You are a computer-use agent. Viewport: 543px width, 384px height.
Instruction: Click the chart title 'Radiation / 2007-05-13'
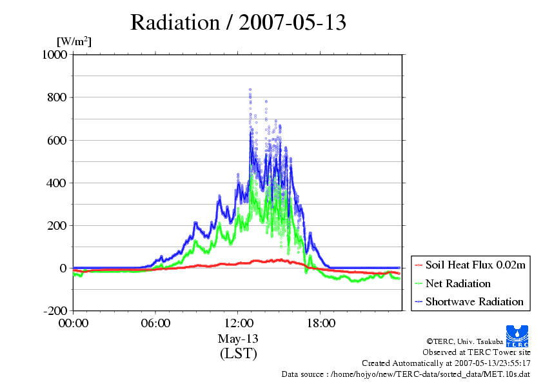[x=238, y=23]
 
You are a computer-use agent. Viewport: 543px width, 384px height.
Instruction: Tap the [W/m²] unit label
[x=74, y=41]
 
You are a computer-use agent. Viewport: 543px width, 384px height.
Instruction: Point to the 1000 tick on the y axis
[x=55, y=54]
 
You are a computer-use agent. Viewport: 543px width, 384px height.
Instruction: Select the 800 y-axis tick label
[x=57, y=97]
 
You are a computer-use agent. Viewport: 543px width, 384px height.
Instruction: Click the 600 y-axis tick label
[x=57, y=140]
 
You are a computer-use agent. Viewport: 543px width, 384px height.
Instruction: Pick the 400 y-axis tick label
[x=57, y=183]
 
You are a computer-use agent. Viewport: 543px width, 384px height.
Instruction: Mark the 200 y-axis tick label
[x=57, y=226]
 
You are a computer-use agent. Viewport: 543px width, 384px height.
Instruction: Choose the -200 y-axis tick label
[x=55, y=311]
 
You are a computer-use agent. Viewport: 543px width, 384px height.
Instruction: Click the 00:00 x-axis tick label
[x=74, y=323]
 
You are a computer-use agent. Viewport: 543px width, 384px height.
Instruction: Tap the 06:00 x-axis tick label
[x=155, y=323]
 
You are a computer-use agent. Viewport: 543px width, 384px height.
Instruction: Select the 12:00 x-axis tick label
[x=238, y=323]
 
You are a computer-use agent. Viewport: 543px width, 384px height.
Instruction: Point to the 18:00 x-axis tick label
[x=321, y=323]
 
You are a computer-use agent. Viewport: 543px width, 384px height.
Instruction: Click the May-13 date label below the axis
[x=238, y=339]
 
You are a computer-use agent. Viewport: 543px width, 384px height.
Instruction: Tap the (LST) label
[x=238, y=354]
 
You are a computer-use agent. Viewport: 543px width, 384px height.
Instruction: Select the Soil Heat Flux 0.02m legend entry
[x=470, y=265]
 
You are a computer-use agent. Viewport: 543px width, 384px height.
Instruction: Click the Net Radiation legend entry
[x=453, y=283]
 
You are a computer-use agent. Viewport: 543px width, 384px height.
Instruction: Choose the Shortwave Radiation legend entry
[x=469, y=301]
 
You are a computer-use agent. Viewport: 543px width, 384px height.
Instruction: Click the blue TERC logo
[x=517, y=336]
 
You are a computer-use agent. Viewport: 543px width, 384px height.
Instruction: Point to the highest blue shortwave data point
[x=250, y=90]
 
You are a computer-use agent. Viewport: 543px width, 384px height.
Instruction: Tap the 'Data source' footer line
[x=406, y=374]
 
